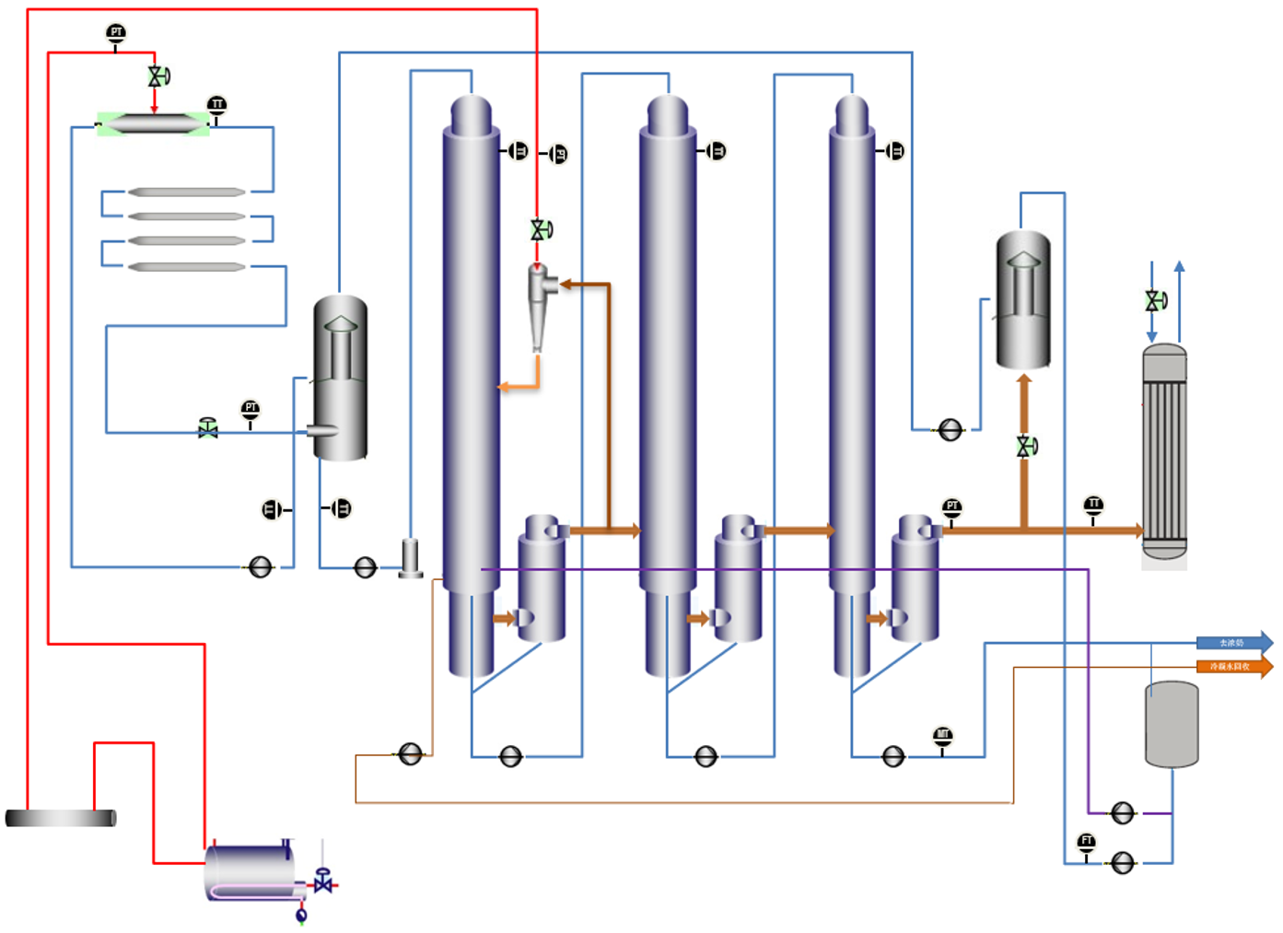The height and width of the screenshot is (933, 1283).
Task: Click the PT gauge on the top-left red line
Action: pyautogui.click(x=115, y=34)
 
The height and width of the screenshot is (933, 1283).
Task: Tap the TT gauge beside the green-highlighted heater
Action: pyautogui.click(x=216, y=105)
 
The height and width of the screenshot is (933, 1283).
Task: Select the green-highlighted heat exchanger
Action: pyautogui.click(x=153, y=123)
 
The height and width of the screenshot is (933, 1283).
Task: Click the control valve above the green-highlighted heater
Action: pyautogui.click(x=157, y=76)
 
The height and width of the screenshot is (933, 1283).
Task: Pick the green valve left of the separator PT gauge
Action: pyautogui.click(x=208, y=428)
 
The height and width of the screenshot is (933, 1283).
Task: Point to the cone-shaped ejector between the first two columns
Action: pyautogui.click(x=540, y=304)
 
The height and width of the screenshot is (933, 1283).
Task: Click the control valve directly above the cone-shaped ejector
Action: pyautogui.click(x=540, y=230)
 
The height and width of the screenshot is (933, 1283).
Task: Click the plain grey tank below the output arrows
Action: pyautogui.click(x=1172, y=724)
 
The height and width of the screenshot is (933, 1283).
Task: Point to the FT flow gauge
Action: pyautogui.click(x=1087, y=842)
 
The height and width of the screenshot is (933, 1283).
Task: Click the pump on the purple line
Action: pyautogui.click(x=1122, y=813)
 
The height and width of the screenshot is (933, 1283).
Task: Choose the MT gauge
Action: pyautogui.click(x=942, y=736)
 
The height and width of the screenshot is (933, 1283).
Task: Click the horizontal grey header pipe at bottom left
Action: pyautogui.click(x=61, y=818)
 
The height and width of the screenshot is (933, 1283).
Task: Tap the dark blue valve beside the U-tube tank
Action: pyautogui.click(x=323, y=883)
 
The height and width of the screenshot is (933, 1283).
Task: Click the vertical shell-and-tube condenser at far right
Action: pyautogui.click(x=1164, y=451)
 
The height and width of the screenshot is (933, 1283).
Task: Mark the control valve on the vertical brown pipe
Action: pyautogui.click(x=1025, y=447)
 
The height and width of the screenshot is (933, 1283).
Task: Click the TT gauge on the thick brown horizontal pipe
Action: pyautogui.click(x=1093, y=505)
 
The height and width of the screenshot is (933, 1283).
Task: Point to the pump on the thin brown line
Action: pyautogui.click(x=410, y=754)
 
